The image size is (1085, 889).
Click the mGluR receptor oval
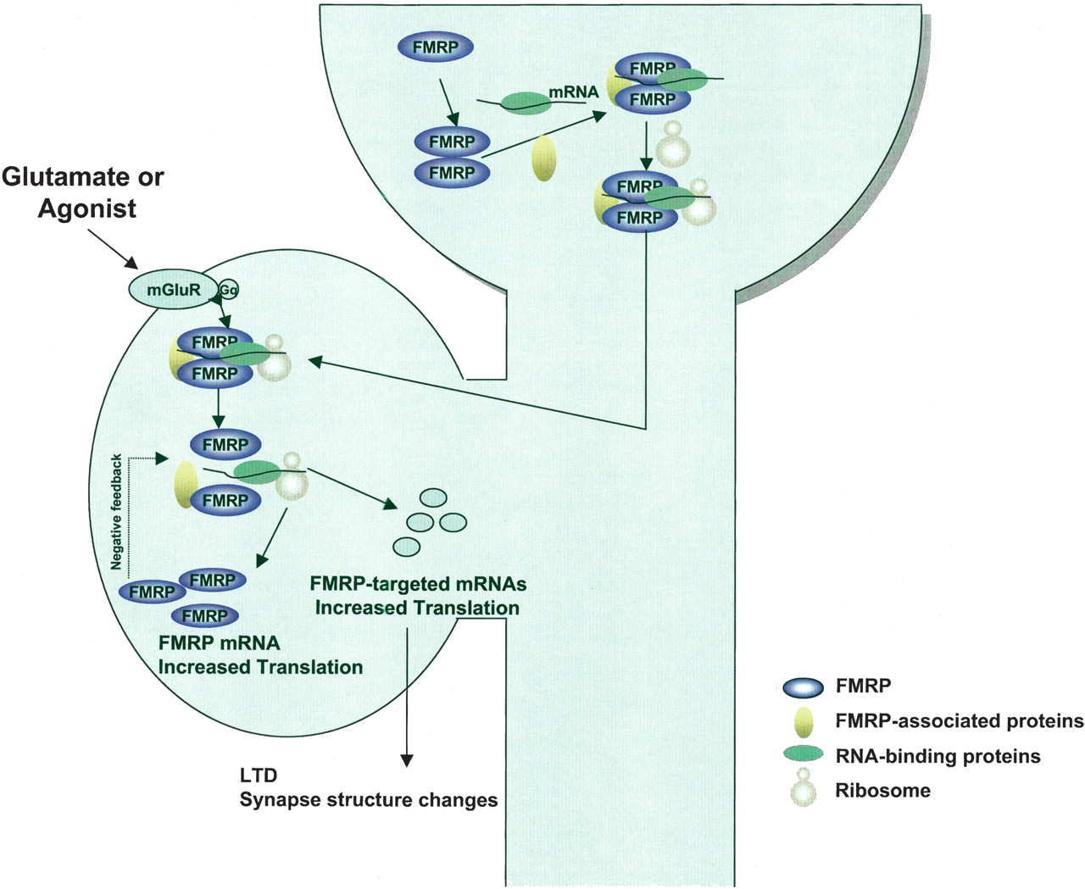173,290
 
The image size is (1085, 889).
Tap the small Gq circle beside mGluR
229,290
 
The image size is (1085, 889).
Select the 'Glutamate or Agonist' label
83,192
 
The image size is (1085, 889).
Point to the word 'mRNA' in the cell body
574,92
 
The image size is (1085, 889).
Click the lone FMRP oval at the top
435,48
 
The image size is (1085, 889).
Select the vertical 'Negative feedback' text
117,512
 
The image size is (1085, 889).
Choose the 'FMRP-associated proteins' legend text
959,721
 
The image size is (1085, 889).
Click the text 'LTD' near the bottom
258,775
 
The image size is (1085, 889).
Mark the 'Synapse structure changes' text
369,800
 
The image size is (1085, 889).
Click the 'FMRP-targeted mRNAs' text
418,584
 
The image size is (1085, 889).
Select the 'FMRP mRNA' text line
219,643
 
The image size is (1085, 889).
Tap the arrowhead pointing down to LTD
407,759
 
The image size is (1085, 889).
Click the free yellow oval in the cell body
543,158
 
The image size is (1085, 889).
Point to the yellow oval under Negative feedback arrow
186,484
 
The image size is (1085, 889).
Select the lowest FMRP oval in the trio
204,616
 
